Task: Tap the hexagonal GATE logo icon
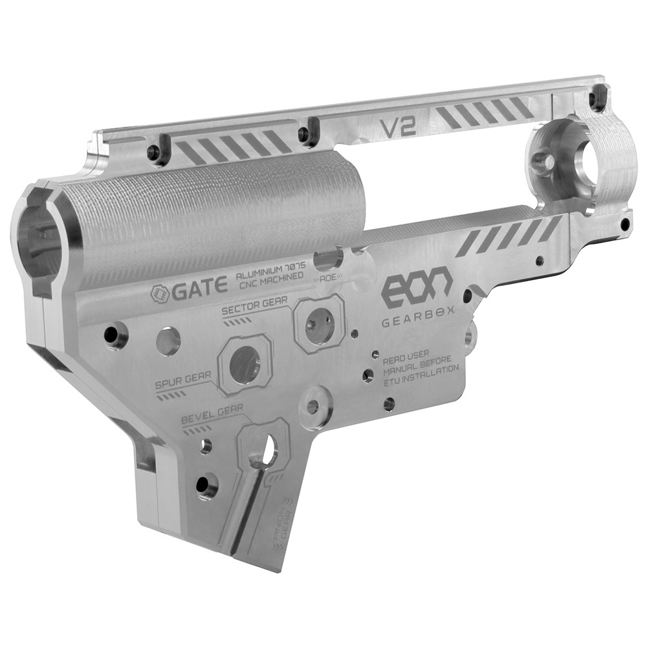[159, 294]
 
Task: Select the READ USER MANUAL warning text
[421, 369]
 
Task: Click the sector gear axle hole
[318, 323]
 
